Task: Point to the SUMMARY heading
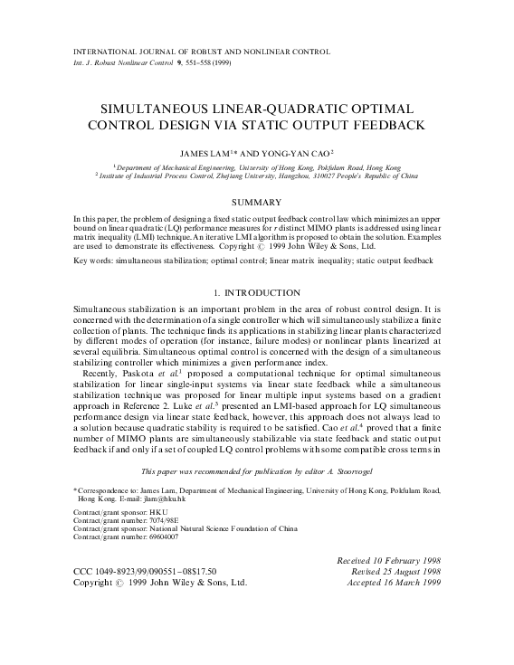point(256,200)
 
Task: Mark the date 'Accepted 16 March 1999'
point(391,585)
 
